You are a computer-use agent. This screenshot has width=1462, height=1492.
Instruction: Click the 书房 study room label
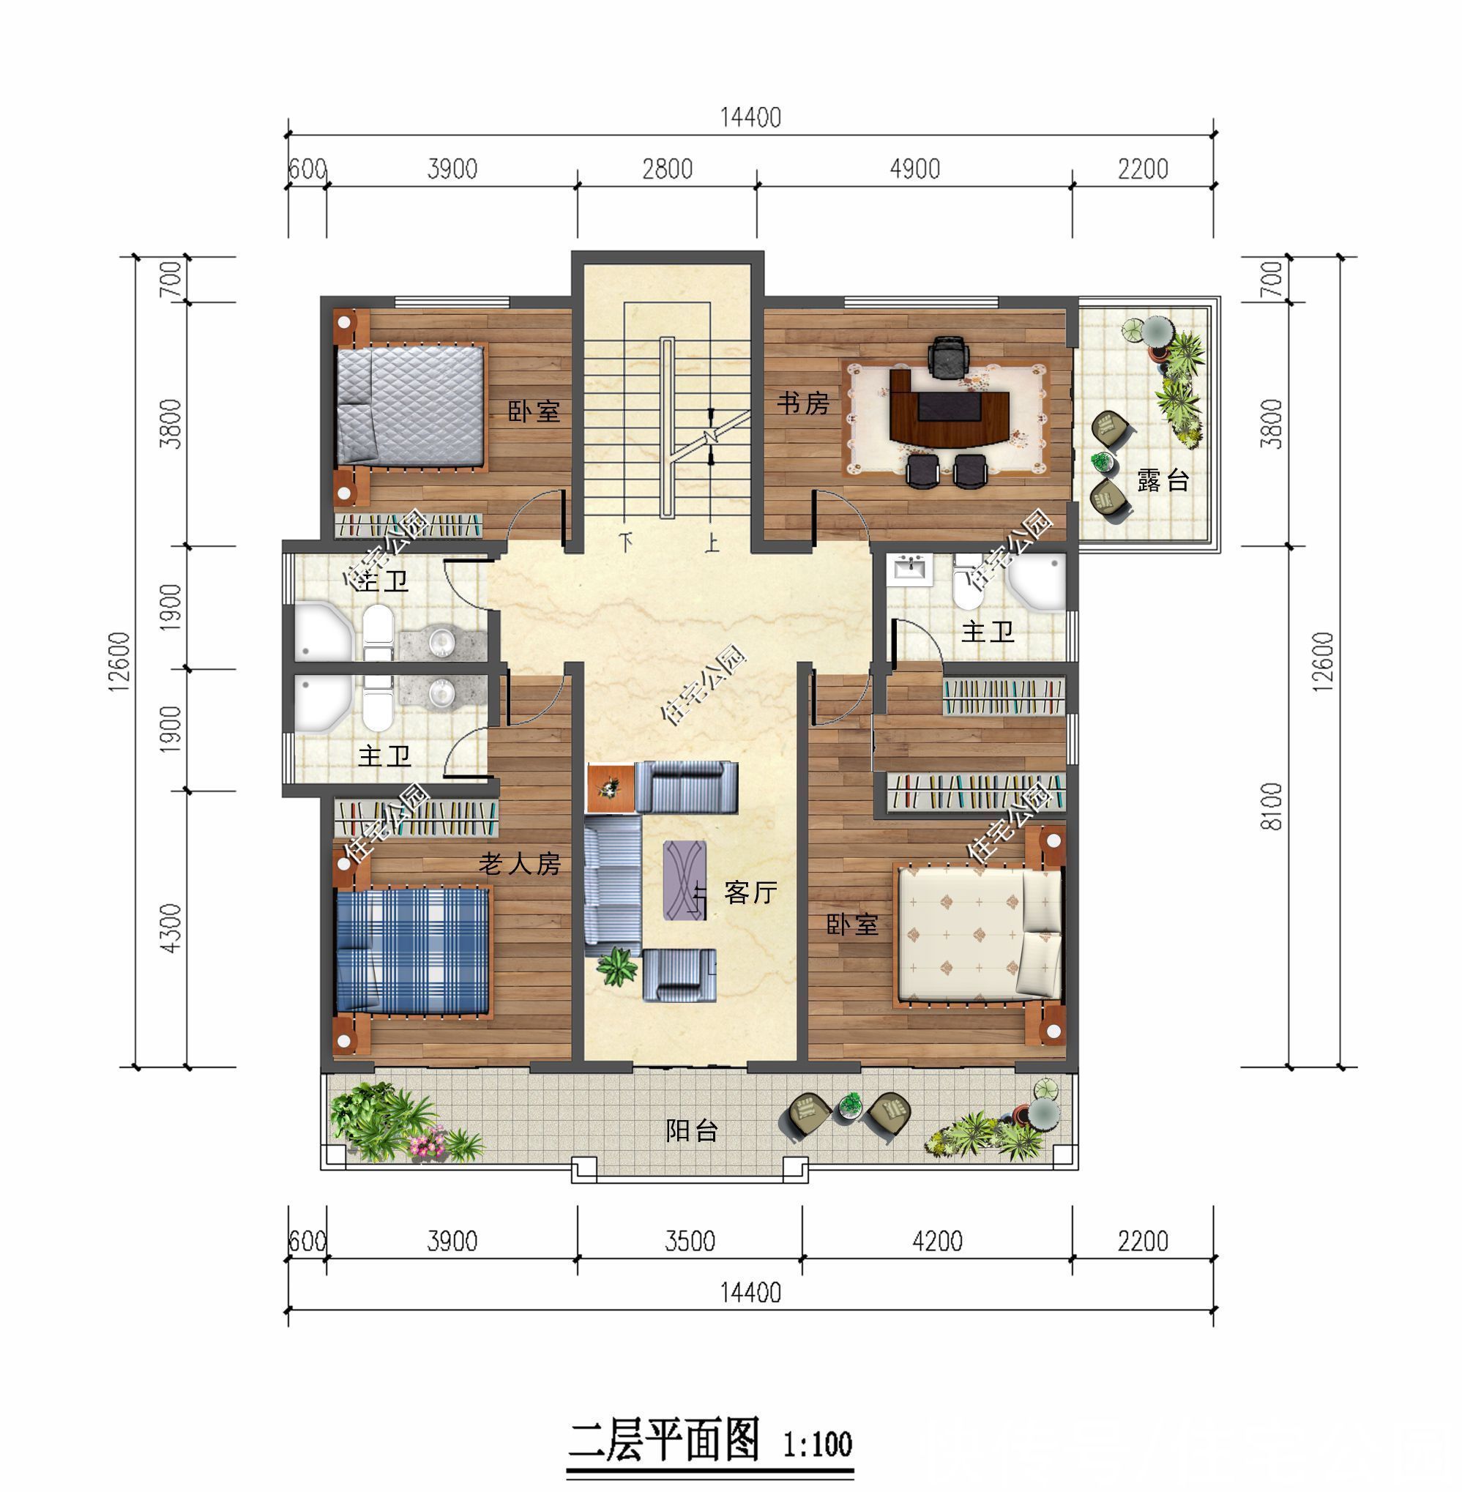click(x=802, y=403)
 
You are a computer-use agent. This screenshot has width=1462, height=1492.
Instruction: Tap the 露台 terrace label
click(x=1162, y=481)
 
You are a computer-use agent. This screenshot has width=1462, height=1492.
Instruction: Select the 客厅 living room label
click(x=750, y=892)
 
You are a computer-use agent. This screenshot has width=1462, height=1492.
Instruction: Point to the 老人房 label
click(x=519, y=864)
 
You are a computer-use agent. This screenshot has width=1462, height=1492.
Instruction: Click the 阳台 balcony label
click(x=691, y=1130)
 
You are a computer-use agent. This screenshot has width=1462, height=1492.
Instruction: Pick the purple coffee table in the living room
click(x=685, y=880)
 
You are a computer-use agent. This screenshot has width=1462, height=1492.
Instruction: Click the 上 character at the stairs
click(x=712, y=543)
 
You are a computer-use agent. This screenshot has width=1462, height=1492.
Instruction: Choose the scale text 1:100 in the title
click(x=817, y=1444)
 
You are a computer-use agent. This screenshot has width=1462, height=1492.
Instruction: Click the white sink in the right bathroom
click(x=911, y=570)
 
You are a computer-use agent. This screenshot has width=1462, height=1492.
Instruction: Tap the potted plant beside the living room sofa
click(x=617, y=966)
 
